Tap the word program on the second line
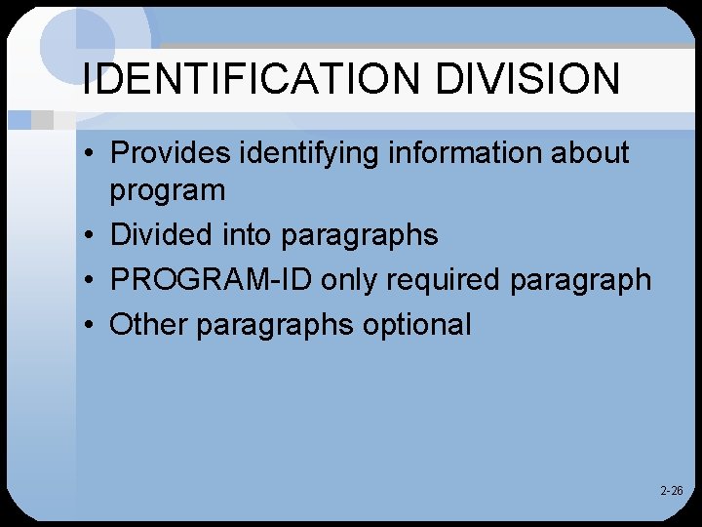[167, 191]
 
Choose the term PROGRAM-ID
[211, 280]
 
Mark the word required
[443, 281]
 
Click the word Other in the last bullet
[148, 324]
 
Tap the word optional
[416, 325]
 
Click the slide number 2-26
[671, 491]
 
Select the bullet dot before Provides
[88, 153]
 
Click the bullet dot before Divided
[88, 235]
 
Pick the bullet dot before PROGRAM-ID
[88, 280]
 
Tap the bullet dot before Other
[88, 325]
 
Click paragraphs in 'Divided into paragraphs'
[359, 236]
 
